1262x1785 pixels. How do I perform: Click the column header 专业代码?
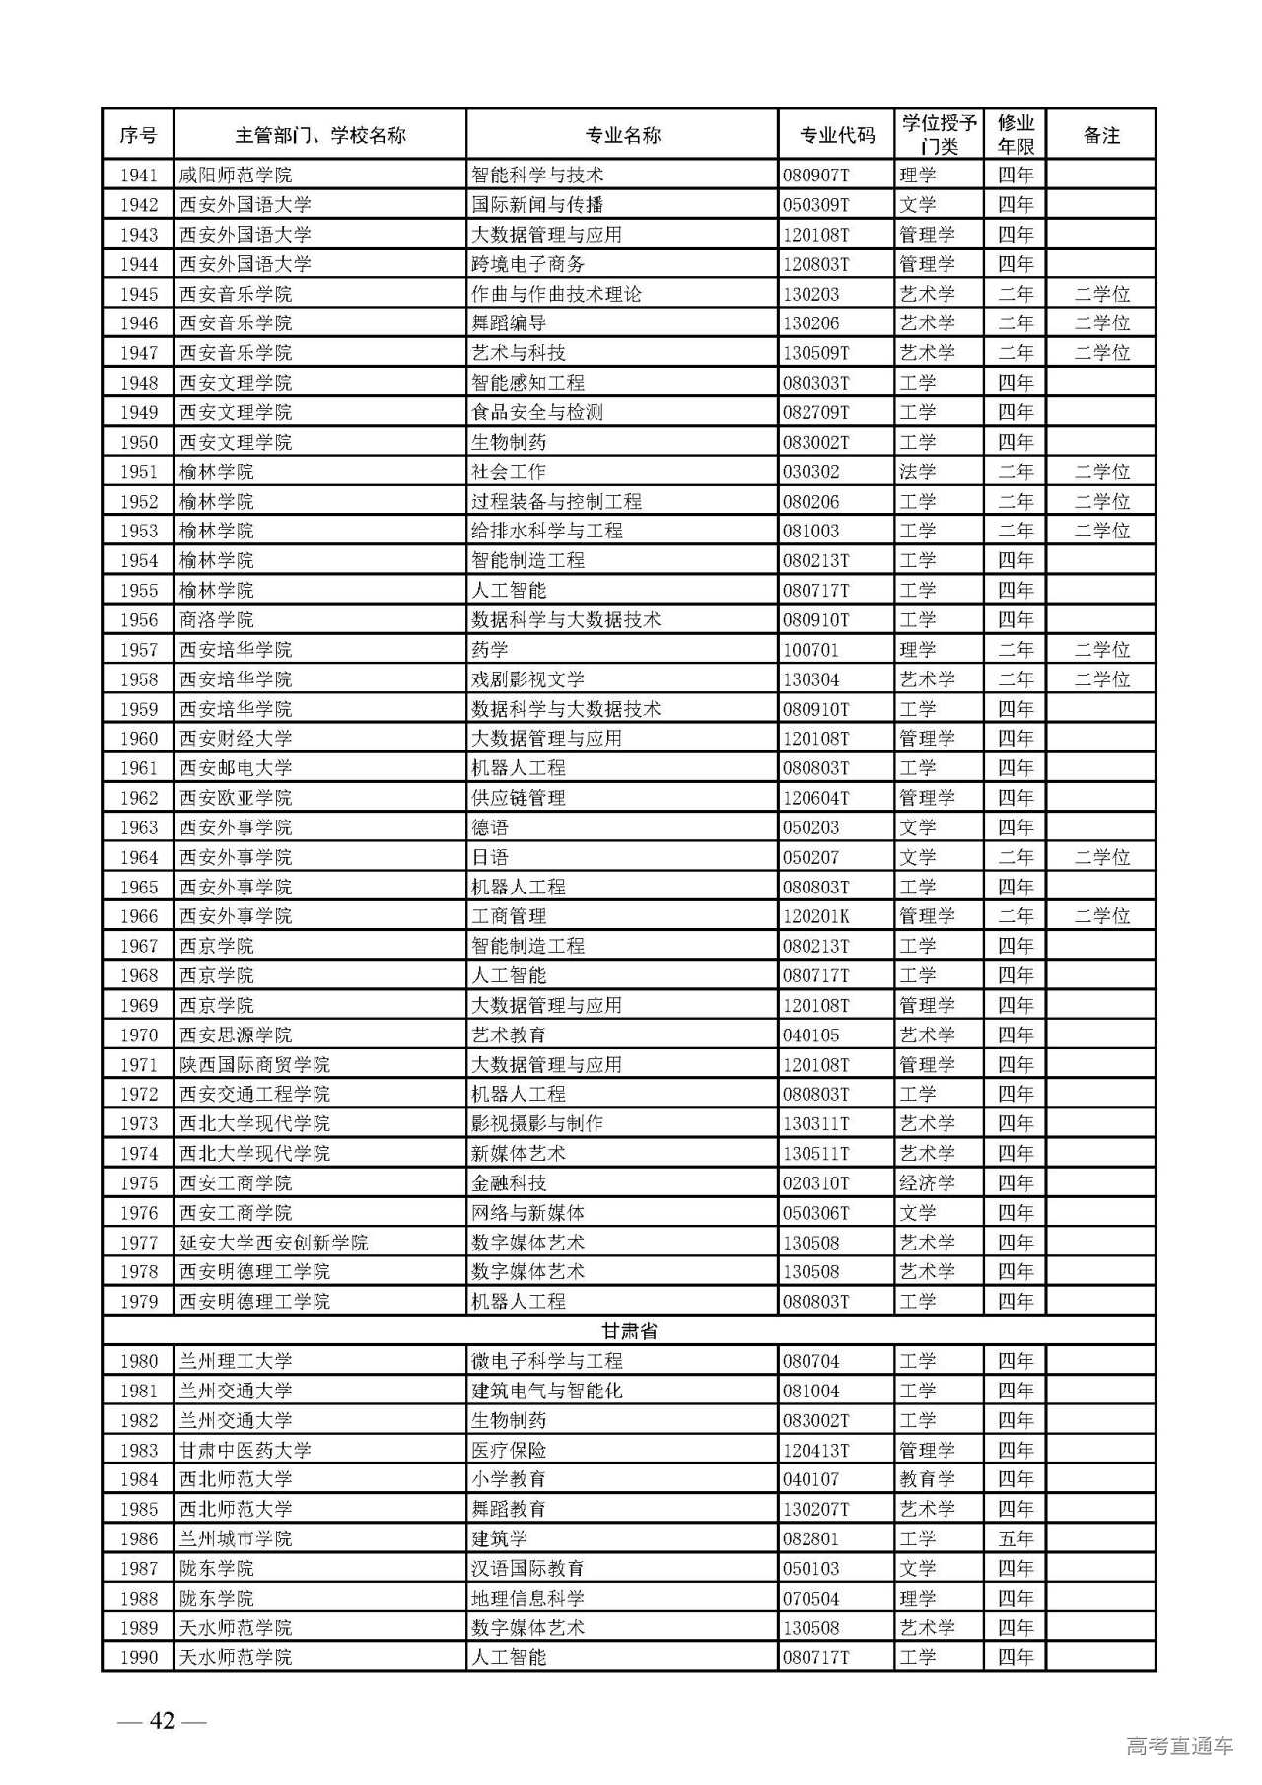[x=836, y=135]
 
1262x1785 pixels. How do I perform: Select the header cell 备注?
[x=1100, y=135]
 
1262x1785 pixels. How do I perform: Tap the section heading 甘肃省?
[x=629, y=1330]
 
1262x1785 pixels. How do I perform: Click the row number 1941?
[x=139, y=176]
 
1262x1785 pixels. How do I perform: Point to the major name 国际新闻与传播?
[x=537, y=205]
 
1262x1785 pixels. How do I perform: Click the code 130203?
[x=810, y=294]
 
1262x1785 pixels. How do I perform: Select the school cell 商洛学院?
[x=217, y=619]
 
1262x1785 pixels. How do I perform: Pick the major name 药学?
[x=490, y=650]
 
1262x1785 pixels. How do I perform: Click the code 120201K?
[x=816, y=916]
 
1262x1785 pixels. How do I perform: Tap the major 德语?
[x=490, y=827]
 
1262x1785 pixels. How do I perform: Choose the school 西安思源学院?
[x=236, y=1035]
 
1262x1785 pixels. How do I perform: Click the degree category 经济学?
[x=927, y=1182]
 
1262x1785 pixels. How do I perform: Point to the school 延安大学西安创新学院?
[x=273, y=1243]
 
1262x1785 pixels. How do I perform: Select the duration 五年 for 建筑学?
[x=1015, y=1538]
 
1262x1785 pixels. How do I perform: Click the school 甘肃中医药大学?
[x=245, y=1450]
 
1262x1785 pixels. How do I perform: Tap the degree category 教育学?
[x=927, y=1479]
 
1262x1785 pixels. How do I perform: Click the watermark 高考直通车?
[x=1179, y=1747]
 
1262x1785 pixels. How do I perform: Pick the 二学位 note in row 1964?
[x=1101, y=857]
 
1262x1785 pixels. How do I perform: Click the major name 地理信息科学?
[x=527, y=1598]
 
